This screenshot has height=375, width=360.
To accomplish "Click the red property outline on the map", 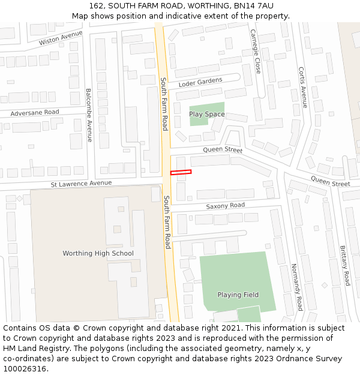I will point(181,173).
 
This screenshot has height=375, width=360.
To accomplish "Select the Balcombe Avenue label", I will point(89,115).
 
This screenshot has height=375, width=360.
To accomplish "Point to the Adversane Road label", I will point(35,112).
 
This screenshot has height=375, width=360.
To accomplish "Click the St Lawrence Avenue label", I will point(81,183).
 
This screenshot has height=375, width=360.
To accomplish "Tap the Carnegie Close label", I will point(256,52).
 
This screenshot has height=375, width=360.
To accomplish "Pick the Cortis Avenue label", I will point(303,83).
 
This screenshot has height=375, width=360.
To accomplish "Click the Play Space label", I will point(207,114).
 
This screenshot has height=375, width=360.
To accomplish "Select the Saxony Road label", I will point(226,205).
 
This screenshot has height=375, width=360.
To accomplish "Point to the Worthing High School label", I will point(98,253).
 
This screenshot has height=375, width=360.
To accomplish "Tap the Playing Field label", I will point(238,295).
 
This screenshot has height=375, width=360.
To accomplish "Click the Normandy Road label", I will point(296,287).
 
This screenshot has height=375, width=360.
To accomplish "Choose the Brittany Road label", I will point(344,266).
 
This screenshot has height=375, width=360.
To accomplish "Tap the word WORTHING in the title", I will point(209,5).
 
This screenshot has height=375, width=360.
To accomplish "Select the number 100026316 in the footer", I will point(25,368).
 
